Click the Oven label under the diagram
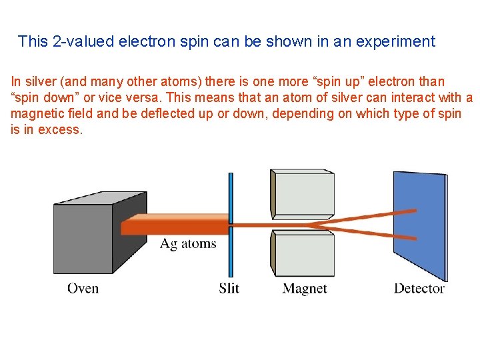[x=83, y=289]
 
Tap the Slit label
[x=229, y=289]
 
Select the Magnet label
[x=305, y=289]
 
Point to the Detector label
[x=419, y=289]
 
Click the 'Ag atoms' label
[x=188, y=244]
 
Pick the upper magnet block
[x=303, y=193]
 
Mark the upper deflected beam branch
[x=373, y=216]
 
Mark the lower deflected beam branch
[x=373, y=233]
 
